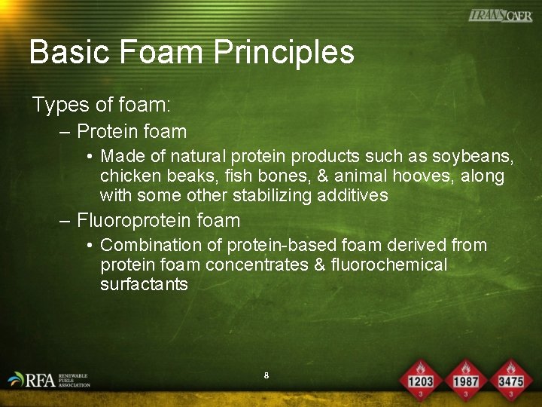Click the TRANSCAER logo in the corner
[500, 15]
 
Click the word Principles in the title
[284, 53]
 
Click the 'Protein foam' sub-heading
[132, 132]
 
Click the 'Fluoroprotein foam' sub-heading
[158, 221]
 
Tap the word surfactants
[144, 285]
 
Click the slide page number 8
[266, 375]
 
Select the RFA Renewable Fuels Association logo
[49, 379]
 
